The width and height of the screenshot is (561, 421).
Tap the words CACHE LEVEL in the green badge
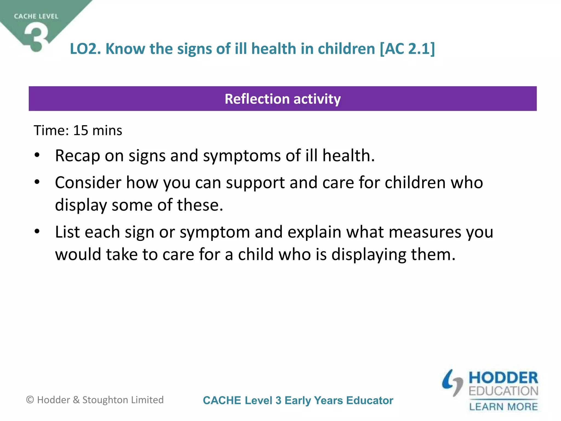tap(36, 16)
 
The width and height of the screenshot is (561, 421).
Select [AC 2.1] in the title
tap(407, 49)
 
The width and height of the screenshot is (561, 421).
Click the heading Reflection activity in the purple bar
tap(283, 99)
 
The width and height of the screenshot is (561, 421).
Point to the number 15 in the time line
tap(81, 130)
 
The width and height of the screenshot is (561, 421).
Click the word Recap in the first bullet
tap(78, 156)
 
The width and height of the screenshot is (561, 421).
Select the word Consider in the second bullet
tap(88, 183)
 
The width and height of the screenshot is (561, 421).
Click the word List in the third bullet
tap(67, 232)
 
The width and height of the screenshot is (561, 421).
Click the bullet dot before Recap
tap(37, 155)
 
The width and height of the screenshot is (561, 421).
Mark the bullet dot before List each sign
tap(37, 232)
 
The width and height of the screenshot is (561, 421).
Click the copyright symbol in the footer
tap(30, 400)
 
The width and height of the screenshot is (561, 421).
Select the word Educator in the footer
tap(370, 400)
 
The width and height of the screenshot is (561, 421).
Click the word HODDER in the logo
tap(503, 378)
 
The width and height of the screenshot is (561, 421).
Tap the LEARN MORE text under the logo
tap(503, 406)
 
